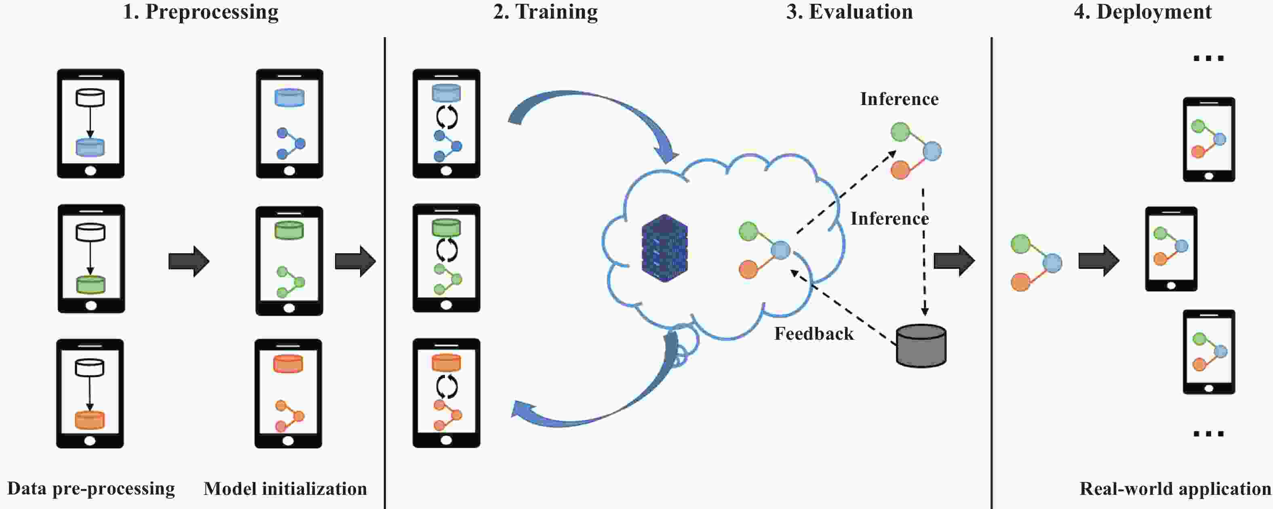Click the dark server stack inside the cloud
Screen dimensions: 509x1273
tap(665, 248)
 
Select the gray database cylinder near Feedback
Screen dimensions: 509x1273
tap(921, 346)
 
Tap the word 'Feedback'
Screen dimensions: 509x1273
tap(814, 334)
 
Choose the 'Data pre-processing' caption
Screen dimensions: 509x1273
tap(91, 489)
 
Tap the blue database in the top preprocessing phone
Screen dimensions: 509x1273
tap(90, 148)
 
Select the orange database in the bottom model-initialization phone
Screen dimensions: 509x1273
tap(288, 364)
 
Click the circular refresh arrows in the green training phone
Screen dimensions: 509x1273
tap(447, 250)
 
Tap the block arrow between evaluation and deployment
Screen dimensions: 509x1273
tap(954, 261)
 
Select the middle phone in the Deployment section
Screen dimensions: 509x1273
tap(1171, 248)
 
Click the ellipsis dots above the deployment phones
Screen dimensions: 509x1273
tap(1208, 58)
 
